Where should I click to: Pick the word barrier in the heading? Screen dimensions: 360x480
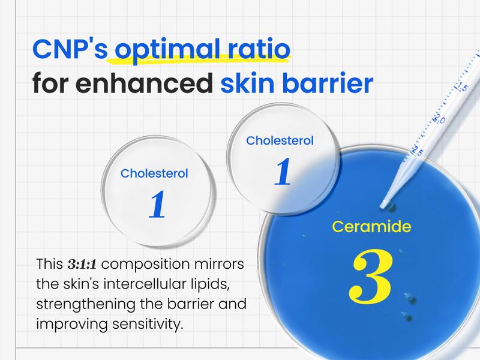click(326, 85)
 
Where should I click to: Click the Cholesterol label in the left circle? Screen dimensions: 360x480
click(154, 173)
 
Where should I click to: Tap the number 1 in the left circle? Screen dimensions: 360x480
click(157, 205)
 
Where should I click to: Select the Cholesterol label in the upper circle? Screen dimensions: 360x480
click(280, 140)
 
